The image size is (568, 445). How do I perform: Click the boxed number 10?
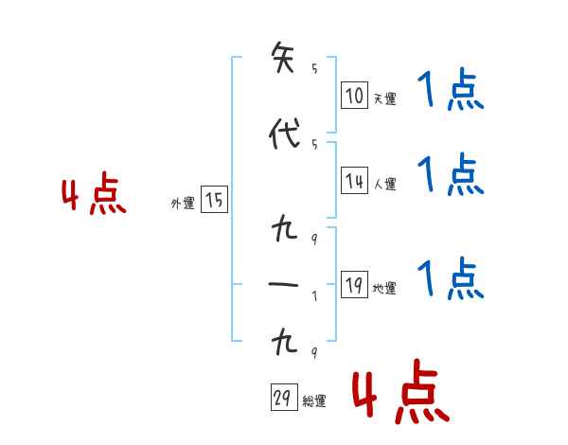[354, 96]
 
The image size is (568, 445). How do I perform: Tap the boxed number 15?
[214, 200]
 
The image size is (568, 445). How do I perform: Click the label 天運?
[384, 98]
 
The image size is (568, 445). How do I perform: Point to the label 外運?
[183, 203]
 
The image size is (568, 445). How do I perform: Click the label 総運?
[314, 401]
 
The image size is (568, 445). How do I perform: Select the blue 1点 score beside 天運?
[450, 92]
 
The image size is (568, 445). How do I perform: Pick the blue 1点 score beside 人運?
[450, 174]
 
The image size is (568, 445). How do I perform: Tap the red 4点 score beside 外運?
[94, 196]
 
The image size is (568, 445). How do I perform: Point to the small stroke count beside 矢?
[314, 68]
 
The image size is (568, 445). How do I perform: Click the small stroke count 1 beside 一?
[314, 294]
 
